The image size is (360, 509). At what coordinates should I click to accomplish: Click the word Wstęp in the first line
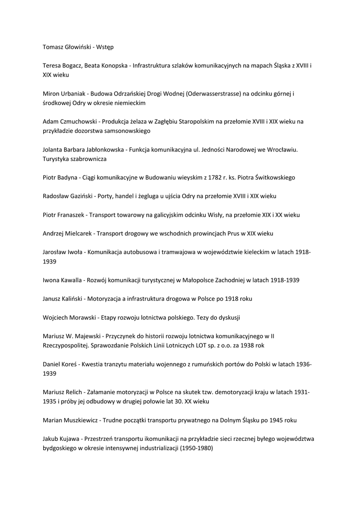(104, 47)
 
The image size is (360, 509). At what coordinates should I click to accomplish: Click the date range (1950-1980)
(195, 448)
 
